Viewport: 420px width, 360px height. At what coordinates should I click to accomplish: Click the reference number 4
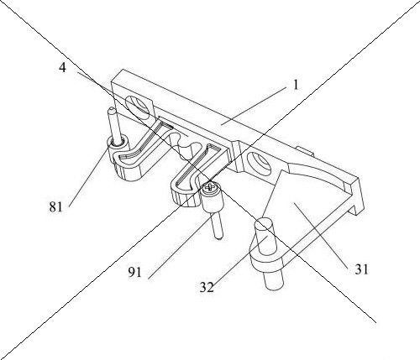point(62,68)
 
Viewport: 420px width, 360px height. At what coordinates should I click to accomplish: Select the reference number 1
point(296,85)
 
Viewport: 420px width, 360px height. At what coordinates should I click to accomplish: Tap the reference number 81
point(55,207)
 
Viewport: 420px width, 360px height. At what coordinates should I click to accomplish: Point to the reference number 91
point(135,272)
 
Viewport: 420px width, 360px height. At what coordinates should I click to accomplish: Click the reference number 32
point(207,287)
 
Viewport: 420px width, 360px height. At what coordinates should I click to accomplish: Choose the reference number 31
point(361,269)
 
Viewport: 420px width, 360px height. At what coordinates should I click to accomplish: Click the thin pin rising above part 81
point(115,125)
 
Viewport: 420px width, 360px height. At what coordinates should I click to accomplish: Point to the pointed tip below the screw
point(218,237)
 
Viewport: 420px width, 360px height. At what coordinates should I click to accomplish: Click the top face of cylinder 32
point(263,226)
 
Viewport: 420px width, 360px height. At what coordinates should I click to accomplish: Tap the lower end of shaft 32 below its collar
point(272,280)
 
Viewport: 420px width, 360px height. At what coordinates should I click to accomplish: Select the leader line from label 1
point(254,106)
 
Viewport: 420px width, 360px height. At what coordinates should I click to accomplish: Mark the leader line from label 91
point(179,248)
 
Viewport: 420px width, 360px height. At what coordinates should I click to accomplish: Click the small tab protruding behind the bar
point(304,151)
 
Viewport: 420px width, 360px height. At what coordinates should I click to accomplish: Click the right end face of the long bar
point(360,196)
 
